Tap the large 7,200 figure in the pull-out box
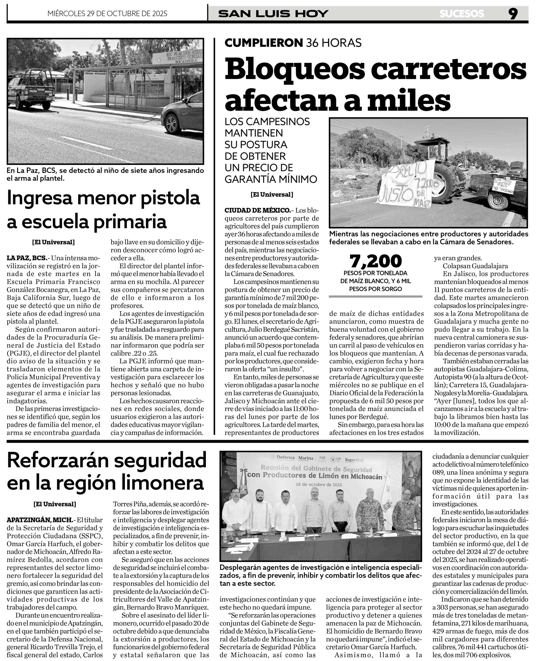pos(375,261)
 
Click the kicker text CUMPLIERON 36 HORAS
pos(293,43)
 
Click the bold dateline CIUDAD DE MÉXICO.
pos(257,210)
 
